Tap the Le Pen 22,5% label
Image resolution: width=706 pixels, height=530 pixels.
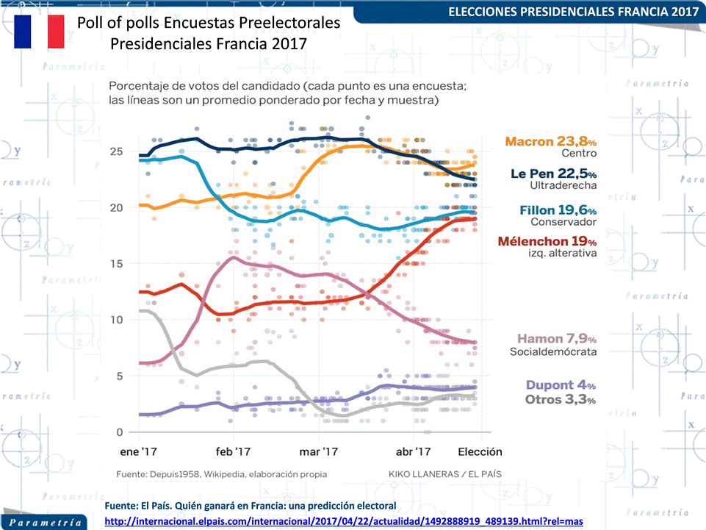pos(553,173)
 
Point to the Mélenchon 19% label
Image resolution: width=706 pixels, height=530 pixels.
pos(547,241)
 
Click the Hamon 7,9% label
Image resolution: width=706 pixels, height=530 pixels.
pos(556,339)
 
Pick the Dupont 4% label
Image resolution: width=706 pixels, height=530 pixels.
pos(561,385)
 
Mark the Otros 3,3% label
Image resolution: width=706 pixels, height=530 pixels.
pos(561,399)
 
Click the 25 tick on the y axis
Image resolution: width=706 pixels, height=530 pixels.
pos(115,151)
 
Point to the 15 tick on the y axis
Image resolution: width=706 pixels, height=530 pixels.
pos(115,264)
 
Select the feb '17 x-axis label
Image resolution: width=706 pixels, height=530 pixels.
pos(234,451)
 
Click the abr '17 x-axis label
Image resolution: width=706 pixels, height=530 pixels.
pos(413,451)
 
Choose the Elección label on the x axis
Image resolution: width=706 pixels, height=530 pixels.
pos(480,451)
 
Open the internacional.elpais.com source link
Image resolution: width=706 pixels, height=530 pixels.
pos(344,521)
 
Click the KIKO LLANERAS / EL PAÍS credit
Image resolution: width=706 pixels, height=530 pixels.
pos(444,474)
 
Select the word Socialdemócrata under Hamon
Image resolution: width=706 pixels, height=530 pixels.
pos(553,351)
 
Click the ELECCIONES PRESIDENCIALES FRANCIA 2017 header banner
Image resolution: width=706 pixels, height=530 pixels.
pos(573,12)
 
